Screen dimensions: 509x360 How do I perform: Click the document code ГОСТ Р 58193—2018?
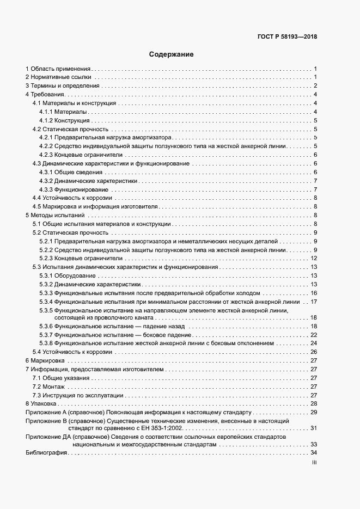coord(287,37)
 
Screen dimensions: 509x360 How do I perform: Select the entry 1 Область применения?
coord(58,69)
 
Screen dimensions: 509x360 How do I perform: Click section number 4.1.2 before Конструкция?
coord(46,120)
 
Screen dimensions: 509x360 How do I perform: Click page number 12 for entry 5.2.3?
coord(314,258)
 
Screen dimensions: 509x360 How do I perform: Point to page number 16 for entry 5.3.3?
coord(314,293)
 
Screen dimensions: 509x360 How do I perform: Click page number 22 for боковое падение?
coord(314,334)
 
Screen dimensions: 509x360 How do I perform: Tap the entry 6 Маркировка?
coord(45,360)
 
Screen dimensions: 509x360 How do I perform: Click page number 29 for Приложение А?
coord(314,412)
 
